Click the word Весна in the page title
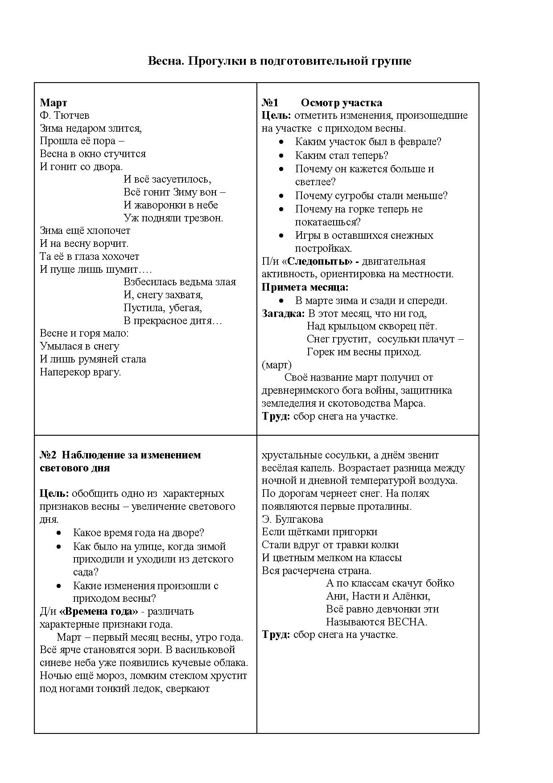click(165, 61)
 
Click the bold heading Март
click(53, 103)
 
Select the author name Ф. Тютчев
click(65, 116)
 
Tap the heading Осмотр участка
click(341, 103)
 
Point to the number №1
click(270, 103)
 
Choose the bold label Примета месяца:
click(305, 287)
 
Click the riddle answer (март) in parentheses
click(276, 365)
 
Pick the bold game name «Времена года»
click(99, 612)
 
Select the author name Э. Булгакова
click(292, 520)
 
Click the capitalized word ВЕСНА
click(407, 622)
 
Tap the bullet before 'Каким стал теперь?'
click(281, 156)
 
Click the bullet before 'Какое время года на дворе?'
click(59, 533)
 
